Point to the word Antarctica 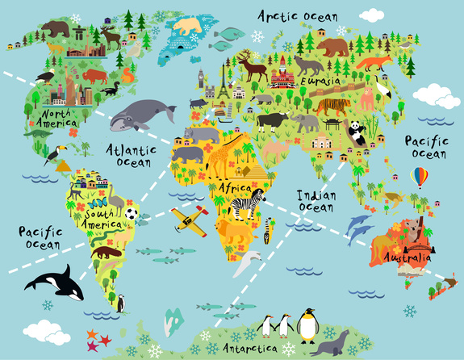[x=246, y=348]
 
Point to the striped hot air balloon [x=420, y=176]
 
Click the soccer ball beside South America [x=132, y=214]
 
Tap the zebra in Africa [x=247, y=204]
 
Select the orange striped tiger [x=332, y=106]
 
